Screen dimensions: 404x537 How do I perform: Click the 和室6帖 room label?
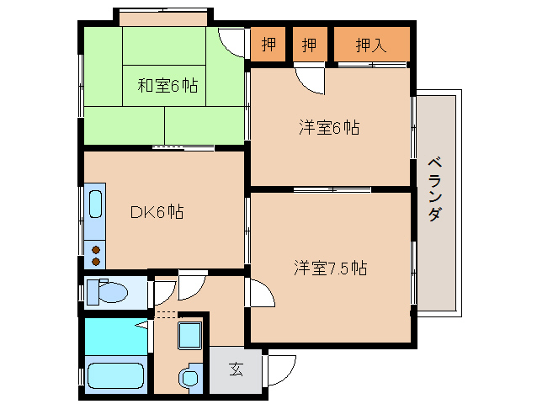point(167,85)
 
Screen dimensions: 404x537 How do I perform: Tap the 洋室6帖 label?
point(328,128)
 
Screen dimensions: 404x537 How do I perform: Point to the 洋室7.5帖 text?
point(330,268)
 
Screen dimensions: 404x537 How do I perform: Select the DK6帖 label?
point(157,212)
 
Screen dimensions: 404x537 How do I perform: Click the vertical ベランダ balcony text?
point(434,189)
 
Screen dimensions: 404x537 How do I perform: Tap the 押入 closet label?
point(371,45)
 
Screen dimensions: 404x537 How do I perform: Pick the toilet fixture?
point(107,292)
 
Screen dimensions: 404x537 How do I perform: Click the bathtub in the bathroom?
point(114,374)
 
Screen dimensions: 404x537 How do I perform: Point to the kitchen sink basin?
point(95,205)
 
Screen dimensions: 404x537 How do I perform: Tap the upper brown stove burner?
point(95,240)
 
